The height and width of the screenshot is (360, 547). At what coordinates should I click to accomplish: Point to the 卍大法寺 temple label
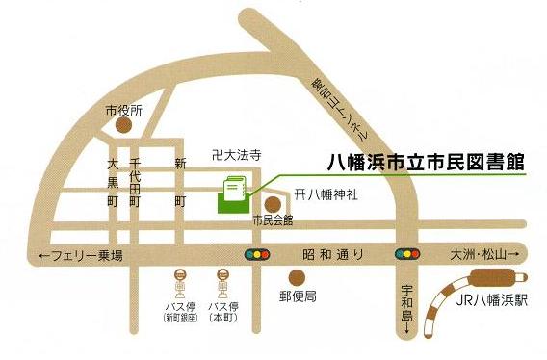tap(237, 154)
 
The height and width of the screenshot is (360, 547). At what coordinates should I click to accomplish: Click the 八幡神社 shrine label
tap(326, 194)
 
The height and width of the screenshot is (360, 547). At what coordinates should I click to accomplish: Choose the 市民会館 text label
tap(273, 221)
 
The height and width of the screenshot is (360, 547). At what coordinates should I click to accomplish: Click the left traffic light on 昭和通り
tap(258, 255)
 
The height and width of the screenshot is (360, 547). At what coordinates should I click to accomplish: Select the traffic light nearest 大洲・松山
tap(406, 255)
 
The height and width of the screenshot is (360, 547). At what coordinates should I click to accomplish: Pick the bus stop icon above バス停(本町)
tap(222, 283)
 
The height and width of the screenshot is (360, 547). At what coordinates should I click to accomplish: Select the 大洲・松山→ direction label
tap(484, 255)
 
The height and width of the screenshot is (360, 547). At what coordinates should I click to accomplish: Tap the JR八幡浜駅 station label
tap(495, 300)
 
